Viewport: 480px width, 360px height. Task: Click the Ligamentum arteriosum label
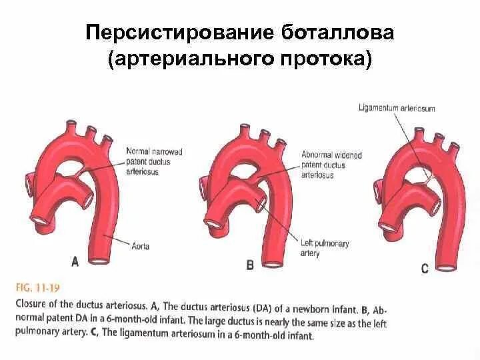396,108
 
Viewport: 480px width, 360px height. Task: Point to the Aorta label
141,246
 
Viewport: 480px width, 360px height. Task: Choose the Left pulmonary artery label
324,249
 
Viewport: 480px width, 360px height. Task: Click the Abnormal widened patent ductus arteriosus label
331,165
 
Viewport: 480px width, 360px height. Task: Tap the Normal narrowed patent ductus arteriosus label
154,161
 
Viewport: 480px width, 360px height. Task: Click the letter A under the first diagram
75,262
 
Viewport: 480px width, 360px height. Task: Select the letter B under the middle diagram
250,265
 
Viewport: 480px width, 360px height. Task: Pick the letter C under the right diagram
424,269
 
